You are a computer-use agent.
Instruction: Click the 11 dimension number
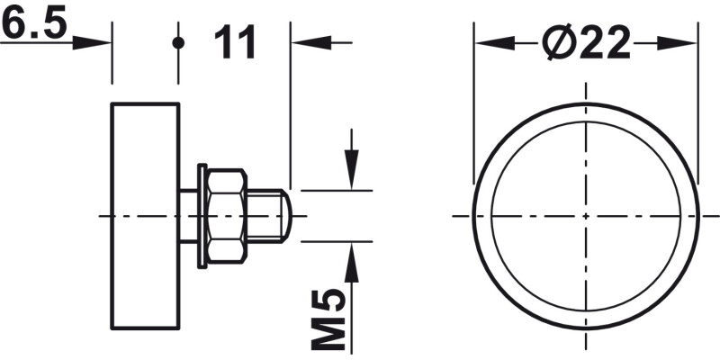coord(236,42)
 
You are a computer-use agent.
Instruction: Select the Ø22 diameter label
coord(586,43)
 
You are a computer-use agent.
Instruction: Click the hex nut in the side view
coord(226,216)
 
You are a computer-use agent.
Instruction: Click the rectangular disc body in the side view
coord(145,216)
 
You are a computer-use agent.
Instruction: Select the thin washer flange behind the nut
coord(202,216)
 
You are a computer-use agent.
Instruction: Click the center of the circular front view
coord(586,216)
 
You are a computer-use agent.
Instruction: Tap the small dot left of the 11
coord(179,42)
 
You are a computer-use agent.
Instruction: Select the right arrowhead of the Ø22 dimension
coord(684,43)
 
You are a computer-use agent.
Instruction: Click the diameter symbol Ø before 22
coord(559,43)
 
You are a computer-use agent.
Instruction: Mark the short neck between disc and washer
coord(188,216)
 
